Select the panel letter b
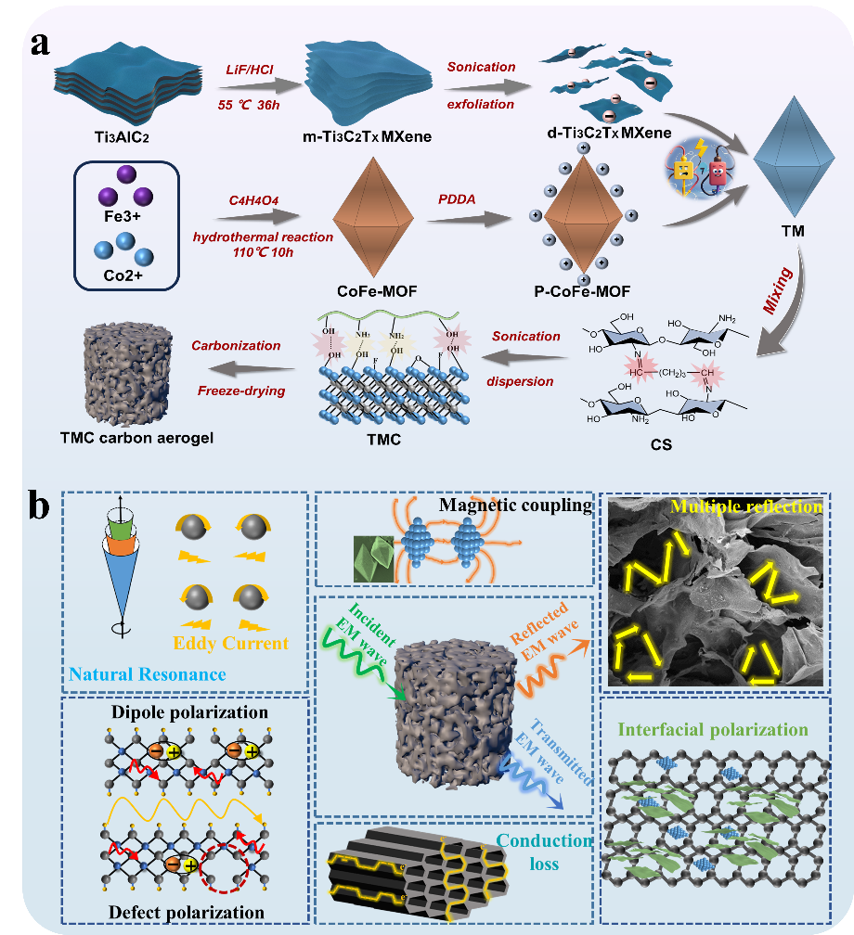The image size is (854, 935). pyautogui.click(x=40, y=507)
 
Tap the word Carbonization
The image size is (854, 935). pyautogui.click(x=236, y=345)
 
